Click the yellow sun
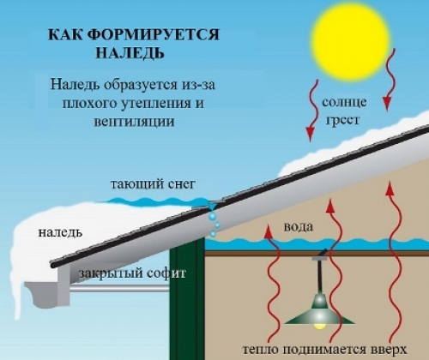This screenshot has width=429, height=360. (x=351, y=40)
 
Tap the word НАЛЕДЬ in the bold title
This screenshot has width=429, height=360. (x=130, y=53)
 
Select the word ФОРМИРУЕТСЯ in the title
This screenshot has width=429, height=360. (x=153, y=34)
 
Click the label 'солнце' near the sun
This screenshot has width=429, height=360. (x=344, y=102)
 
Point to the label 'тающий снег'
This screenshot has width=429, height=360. (x=153, y=184)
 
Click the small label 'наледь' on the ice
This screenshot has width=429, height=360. (x=60, y=232)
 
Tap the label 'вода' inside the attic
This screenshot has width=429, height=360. (x=299, y=227)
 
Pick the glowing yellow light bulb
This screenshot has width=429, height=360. (x=320, y=326)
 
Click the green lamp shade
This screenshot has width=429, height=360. (x=320, y=313)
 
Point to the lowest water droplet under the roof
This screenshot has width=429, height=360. (x=213, y=234)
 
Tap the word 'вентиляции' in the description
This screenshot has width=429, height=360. (x=134, y=122)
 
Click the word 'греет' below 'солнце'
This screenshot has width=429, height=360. (x=342, y=120)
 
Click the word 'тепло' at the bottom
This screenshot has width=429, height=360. (x=262, y=350)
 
